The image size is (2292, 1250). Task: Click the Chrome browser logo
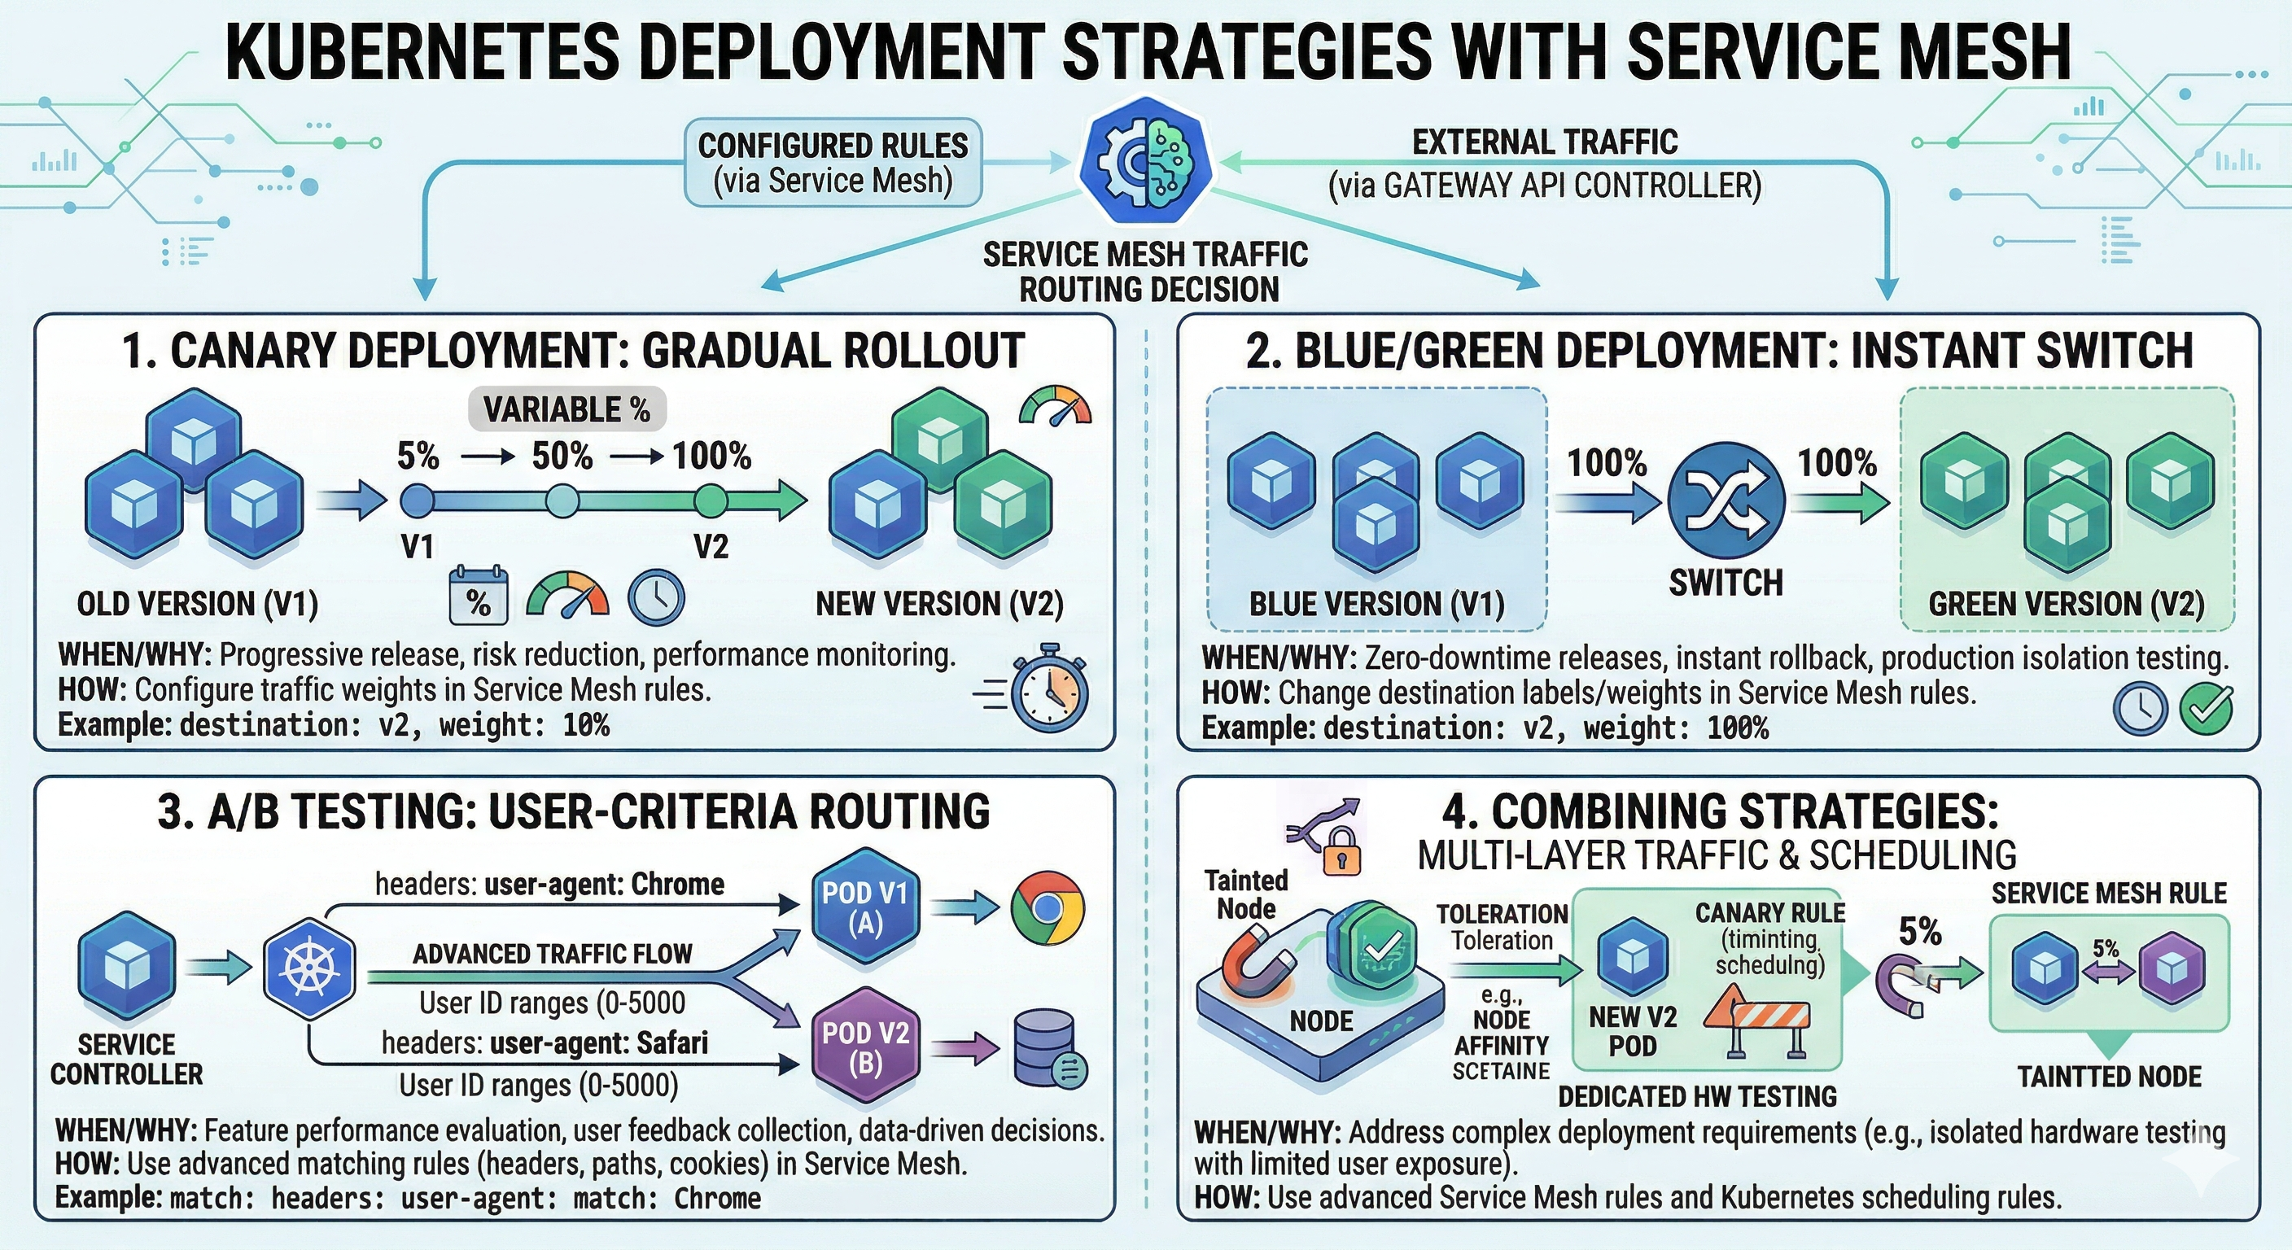pyautogui.click(x=1048, y=907)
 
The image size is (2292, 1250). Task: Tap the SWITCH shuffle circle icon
pyautogui.click(x=1726, y=500)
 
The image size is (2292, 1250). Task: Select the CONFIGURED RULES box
pyautogui.click(x=832, y=163)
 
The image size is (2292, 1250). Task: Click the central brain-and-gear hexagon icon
pyautogui.click(x=1145, y=161)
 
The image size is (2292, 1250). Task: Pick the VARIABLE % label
pyautogui.click(x=566, y=409)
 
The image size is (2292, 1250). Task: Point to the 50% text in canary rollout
pyautogui.click(x=562, y=457)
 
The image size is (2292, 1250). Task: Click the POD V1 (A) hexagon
pyautogui.click(x=864, y=907)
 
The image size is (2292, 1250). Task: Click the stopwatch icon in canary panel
pyautogui.click(x=1051, y=690)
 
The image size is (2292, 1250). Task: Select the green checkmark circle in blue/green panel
pyautogui.click(x=2206, y=709)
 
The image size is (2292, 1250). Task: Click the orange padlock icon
pyautogui.click(x=1341, y=851)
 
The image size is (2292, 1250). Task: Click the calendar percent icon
pyautogui.click(x=478, y=594)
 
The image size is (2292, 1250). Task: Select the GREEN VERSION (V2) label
pyautogui.click(x=2066, y=604)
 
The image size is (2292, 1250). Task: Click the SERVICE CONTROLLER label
pyautogui.click(x=126, y=1059)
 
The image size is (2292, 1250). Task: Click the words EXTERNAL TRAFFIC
pyautogui.click(x=1545, y=142)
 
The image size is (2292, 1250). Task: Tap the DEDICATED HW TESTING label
pyautogui.click(x=1697, y=1096)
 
